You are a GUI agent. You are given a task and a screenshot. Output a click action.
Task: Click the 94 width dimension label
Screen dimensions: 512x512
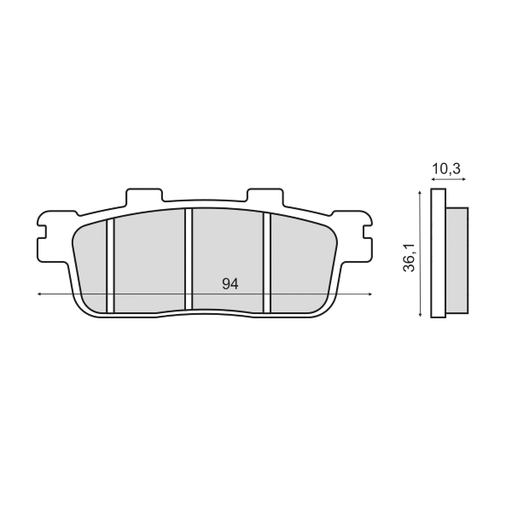pyautogui.click(x=230, y=284)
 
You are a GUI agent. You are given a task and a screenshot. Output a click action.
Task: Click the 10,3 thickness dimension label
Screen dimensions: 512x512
pyautogui.click(x=446, y=169)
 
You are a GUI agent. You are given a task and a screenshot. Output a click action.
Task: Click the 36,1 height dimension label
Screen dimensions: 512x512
pyautogui.click(x=409, y=258)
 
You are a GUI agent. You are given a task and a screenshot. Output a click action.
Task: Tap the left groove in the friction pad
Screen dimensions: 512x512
pyautogui.click(x=110, y=265)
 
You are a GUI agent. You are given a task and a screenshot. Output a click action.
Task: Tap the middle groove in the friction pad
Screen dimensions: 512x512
pyautogui.click(x=189, y=259)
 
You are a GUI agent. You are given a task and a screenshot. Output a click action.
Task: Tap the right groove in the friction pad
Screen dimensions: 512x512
pyautogui.click(x=267, y=263)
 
